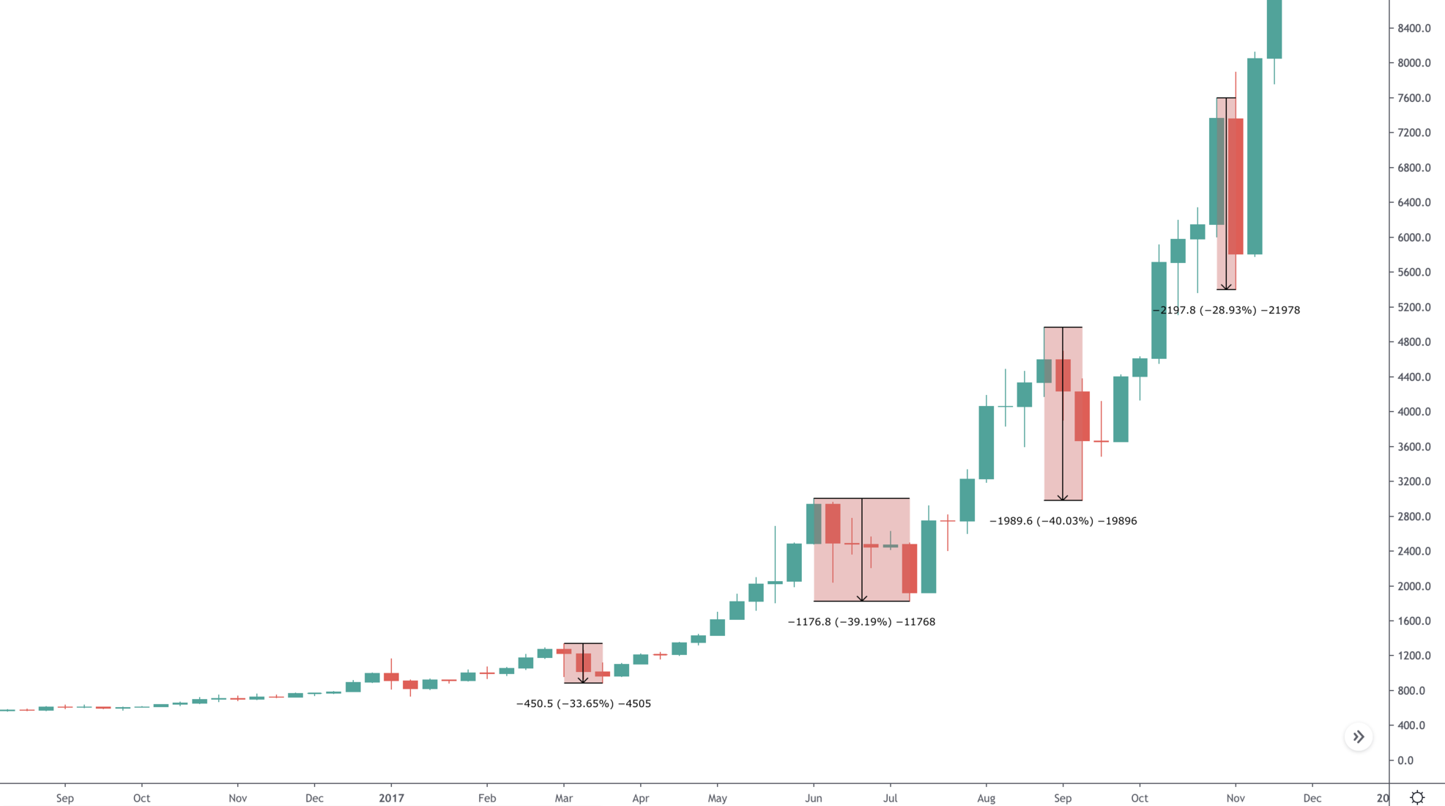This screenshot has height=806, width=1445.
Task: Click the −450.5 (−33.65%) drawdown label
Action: [x=583, y=703]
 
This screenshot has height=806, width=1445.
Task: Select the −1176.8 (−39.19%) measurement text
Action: [x=861, y=621]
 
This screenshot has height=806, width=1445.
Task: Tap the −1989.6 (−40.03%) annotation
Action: [x=1063, y=521]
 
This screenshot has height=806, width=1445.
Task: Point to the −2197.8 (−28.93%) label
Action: [x=1226, y=310]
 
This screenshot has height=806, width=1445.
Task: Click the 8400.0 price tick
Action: [x=1414, y=29]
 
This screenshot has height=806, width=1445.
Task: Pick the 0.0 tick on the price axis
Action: [x=1405, y=761]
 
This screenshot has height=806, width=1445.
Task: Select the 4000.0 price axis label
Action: [x=1414, y=412]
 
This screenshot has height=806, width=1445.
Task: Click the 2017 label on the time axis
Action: [x=391, y=798]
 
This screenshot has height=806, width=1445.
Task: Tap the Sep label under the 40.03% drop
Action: [x=1063, y=798]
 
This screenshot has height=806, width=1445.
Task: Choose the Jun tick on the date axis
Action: [x=813, y=798]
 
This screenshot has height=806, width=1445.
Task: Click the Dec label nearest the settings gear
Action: [x=1312, y=798]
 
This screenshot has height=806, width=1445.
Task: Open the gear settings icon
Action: [x=1417, y=797]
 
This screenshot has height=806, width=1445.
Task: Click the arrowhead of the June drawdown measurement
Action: [x=862, y=599]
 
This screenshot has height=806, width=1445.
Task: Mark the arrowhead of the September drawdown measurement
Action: [x=1063, y=498]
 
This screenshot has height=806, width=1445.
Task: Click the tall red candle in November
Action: [x=1236, y=187]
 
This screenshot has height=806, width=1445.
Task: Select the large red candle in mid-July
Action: [x=910, y=569]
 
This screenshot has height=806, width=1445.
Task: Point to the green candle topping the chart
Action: [x=1274, y=29]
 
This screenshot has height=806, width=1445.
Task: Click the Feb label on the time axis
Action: [x=487, y=798]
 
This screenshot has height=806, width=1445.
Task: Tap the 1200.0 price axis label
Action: [x=1414, y=656]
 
